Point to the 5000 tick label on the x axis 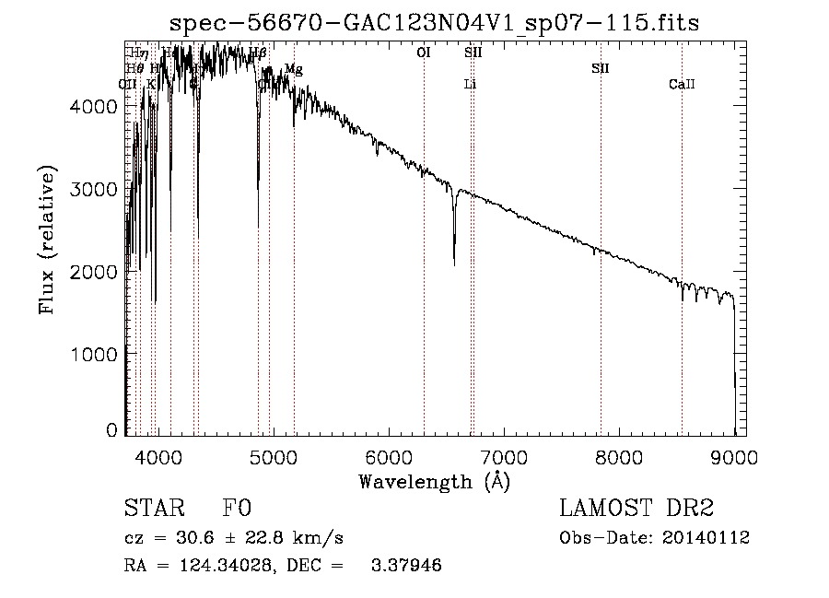click(273, 456)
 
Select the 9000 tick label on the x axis click(734, 456)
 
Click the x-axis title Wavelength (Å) click(434, 481)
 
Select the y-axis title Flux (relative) click(46, 240)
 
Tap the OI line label click(424, 53)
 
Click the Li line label click(470, 85)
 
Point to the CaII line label click(682, 85)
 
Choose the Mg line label click(293, 69)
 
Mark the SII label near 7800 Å click(601, 69)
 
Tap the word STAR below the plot click(153, 510)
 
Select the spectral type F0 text click(238, 510)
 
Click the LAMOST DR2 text click(636, 510)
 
